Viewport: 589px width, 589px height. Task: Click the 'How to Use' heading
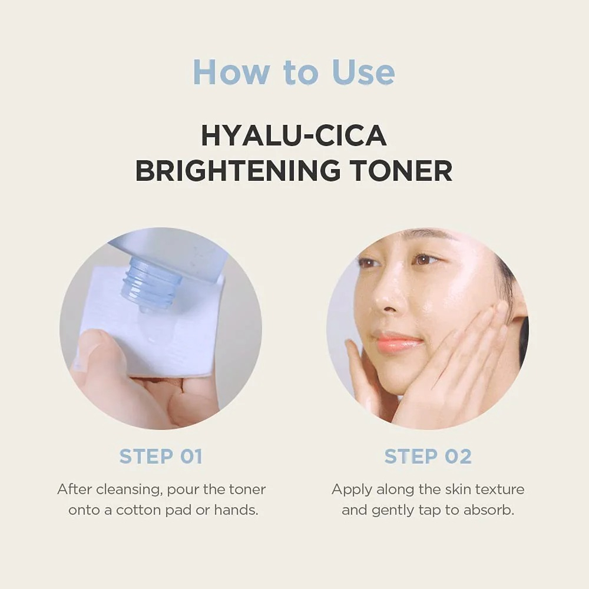[x=294, y=72]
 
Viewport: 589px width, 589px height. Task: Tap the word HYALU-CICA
[x=294, y=135]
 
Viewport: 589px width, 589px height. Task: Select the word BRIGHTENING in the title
[x=238, y=170]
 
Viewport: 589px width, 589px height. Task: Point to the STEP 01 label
[x=161, y=456]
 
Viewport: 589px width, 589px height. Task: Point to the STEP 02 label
[x=428, y=456]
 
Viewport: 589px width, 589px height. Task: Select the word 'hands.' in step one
[x=236, y=509]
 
